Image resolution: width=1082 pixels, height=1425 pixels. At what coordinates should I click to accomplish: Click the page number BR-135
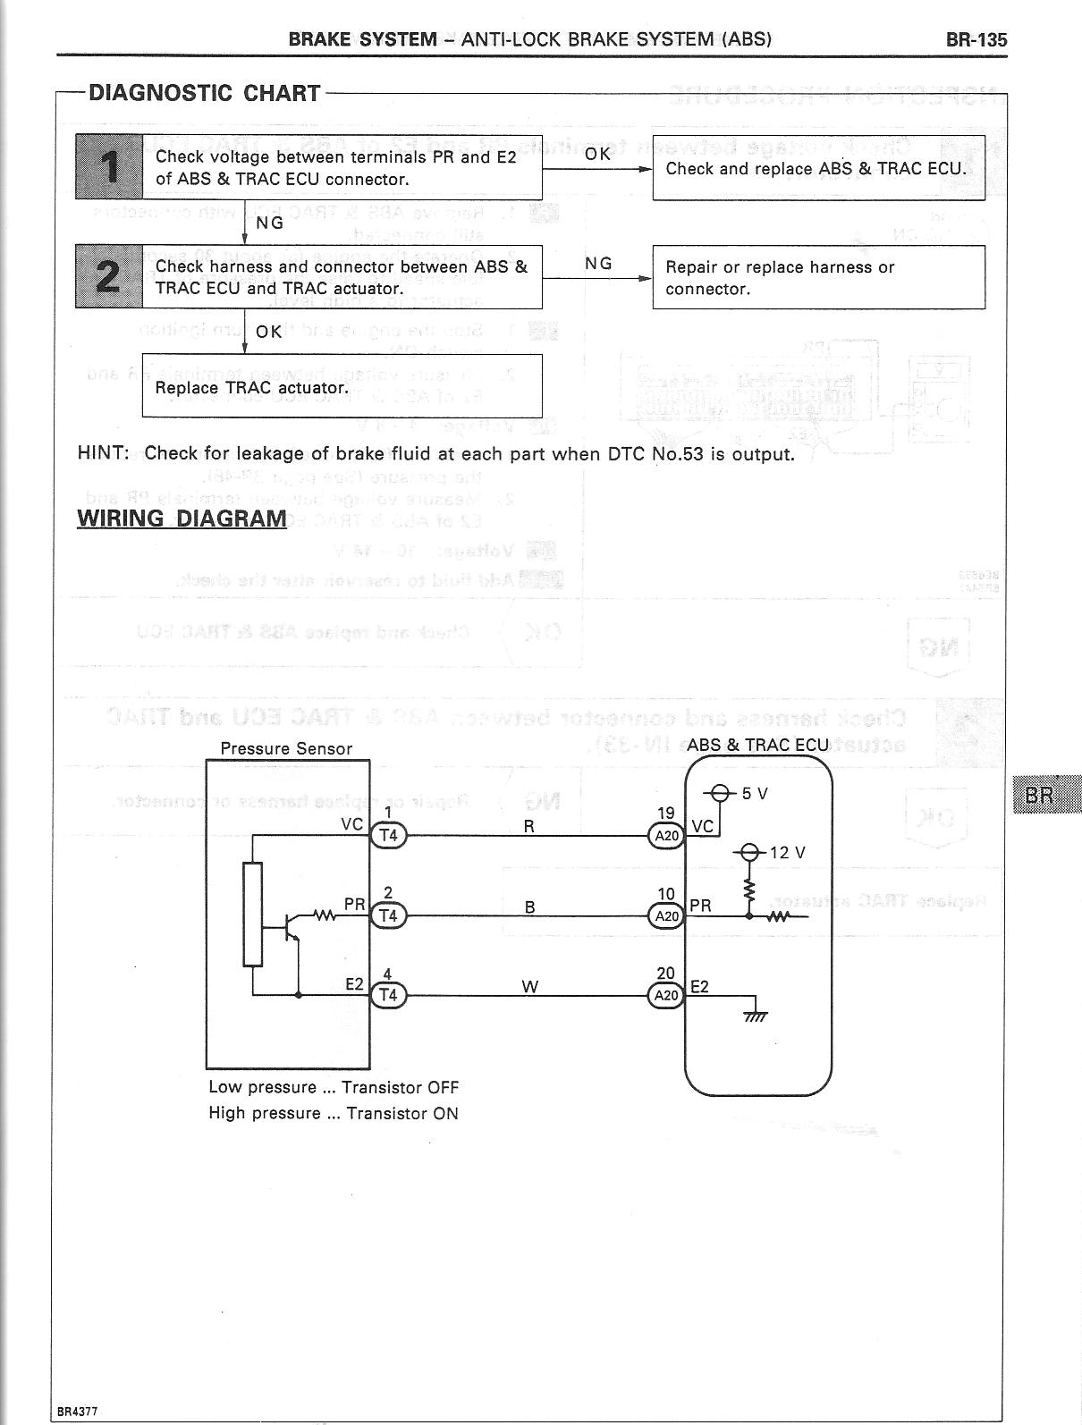click(975, 39)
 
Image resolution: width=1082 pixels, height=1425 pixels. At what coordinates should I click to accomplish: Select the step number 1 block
click(109, 166)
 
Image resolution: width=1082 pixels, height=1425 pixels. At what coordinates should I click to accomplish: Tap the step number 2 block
click(109, 276)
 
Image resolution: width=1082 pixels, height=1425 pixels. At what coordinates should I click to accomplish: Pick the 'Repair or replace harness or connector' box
click(818, 277)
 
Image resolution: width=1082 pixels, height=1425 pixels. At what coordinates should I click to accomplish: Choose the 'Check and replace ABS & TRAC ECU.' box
click(818, 168)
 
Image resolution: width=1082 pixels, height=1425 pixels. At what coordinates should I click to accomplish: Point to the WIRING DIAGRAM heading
click(182, 519)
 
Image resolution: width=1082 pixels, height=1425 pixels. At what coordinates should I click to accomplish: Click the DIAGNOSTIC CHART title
click(204, 93)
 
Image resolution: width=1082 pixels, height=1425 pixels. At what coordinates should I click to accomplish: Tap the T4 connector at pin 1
click(388, 836)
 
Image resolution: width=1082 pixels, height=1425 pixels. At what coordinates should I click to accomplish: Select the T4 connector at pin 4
click(388, 995)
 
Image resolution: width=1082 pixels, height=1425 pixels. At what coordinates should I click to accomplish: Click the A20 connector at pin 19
click(666, 836)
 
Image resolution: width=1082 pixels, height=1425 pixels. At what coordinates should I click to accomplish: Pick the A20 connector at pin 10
click(666, 916)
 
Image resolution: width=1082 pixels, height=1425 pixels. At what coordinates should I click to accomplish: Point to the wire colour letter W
click(529, 986)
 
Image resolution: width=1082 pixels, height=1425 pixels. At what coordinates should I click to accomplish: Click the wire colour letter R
click(529, 827)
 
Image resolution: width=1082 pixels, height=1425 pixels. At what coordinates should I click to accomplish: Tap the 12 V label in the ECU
click(787, 853)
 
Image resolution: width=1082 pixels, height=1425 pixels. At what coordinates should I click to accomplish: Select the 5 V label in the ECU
click(755, 793)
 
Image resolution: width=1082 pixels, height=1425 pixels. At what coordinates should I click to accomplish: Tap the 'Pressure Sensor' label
click(286, 749)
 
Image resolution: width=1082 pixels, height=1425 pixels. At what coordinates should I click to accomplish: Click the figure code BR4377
click(77, 1412)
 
